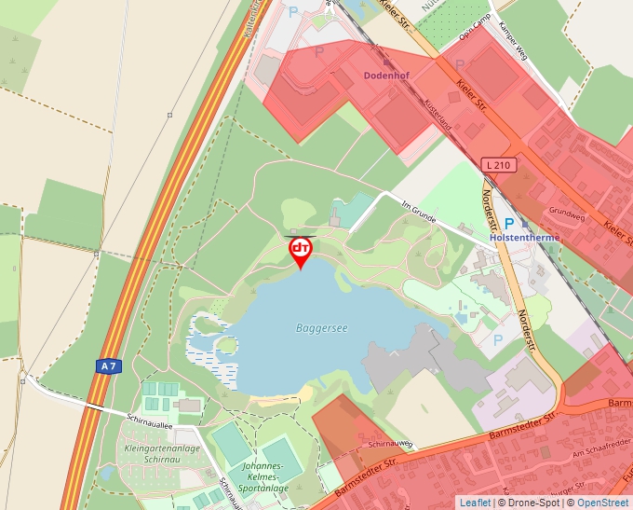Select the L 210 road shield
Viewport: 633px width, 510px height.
tap(499, 165)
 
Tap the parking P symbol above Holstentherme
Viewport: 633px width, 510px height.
tap(509, 224)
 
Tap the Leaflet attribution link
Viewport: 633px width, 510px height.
tap(474, 503)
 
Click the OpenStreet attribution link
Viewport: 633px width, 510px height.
tap(604, 503)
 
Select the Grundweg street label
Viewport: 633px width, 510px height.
tap(566, 210)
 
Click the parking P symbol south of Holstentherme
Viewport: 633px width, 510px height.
tap(497, 340)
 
